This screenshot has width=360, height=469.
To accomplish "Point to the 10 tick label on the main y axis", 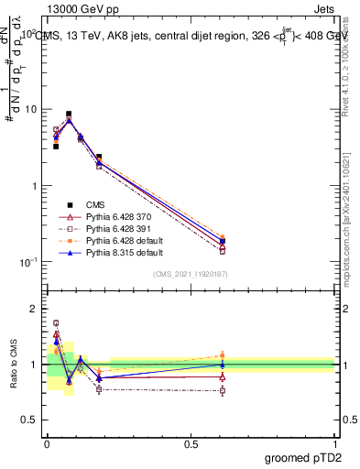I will (29, 109).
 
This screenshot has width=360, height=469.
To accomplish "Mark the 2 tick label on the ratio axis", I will (35, 309).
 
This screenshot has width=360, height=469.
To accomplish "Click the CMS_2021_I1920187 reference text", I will (191, 273).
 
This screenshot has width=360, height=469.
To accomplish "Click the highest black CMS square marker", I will (69, 115).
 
